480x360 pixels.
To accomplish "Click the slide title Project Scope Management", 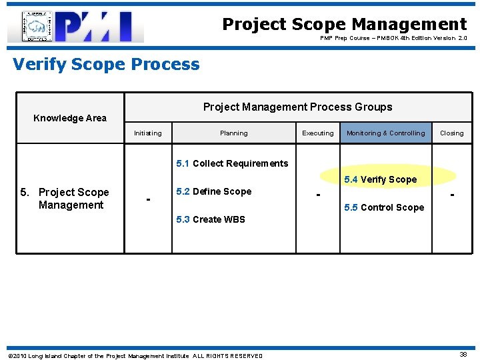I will point(344,24).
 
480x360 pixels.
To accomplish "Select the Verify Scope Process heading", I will point(106,64).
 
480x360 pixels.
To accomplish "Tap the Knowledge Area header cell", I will point(70,118).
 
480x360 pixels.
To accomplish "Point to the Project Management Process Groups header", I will point(297,107).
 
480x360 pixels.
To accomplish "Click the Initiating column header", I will point(147,133).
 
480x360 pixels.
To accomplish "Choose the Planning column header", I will point(233,133).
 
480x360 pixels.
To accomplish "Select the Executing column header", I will point(318,133).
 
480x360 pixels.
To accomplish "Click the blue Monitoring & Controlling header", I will point(385,133).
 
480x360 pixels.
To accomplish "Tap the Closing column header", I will point(451,133).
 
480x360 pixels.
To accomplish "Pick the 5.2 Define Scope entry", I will point(213,191).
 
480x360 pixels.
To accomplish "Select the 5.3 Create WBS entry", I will point(210,219).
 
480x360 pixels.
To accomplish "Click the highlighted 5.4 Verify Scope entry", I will point(380,179).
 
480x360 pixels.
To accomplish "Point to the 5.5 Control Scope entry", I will point(383,207).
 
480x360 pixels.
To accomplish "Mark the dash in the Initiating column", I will point(148,199).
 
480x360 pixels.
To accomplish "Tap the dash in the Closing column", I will point(453,195).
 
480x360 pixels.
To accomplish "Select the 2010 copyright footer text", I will point(135,356).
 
